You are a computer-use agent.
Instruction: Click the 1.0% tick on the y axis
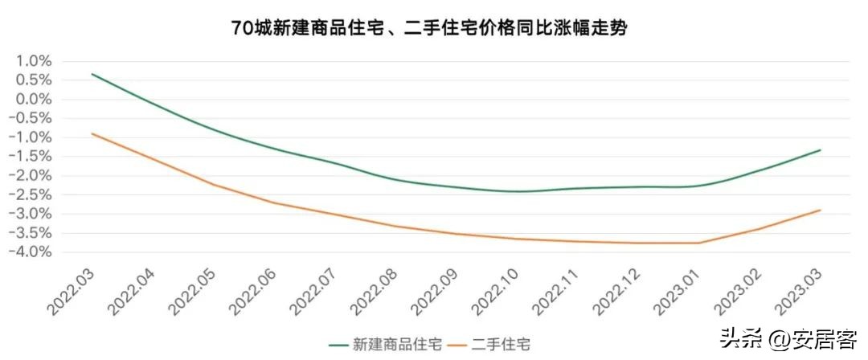(x=34, y=61)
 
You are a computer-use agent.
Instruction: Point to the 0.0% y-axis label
(x=34, y=99)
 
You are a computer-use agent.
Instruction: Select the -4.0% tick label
(x=32, y=252)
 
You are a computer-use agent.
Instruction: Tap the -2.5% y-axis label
(x=32, y=194)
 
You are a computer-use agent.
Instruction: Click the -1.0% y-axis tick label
(x=32, y=137)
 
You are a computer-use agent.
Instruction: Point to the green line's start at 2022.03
(x=92, y=74)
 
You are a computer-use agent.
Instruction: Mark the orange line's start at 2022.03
(x=92, y=133)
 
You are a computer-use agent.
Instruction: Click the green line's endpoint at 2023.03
(x=820, y=150)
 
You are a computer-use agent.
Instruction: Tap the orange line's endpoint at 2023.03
(x=820, y=211)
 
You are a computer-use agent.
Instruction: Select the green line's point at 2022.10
(x=517, y=191)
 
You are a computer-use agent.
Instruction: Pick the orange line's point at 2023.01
(x=698, y=243)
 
